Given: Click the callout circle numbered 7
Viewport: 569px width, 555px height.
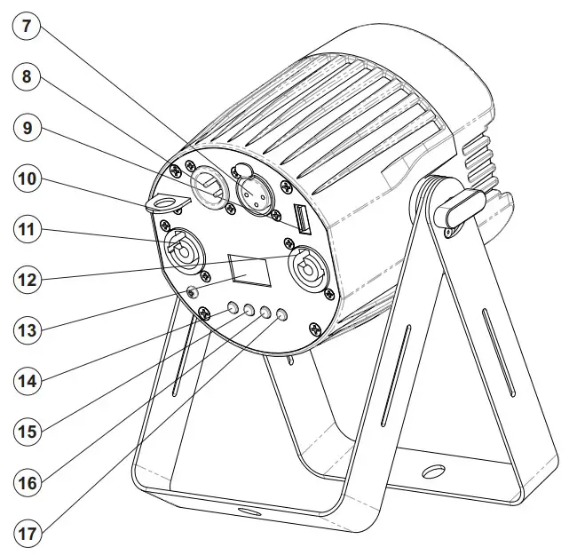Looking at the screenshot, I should [26, 27].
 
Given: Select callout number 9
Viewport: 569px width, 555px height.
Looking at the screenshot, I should [27, 127].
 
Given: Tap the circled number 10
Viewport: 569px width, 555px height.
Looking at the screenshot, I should [27, 178].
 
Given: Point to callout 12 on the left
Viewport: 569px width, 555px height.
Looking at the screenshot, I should [27, 280].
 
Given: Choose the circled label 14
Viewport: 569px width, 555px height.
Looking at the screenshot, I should [27, 381].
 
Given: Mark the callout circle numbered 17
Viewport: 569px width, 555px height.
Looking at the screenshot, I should [27, 535].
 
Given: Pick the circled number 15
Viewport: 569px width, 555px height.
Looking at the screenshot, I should [27, 432].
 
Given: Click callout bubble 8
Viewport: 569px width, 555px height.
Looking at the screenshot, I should [27, 76].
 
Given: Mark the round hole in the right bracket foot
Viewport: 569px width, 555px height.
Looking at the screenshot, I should [432, 470].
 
